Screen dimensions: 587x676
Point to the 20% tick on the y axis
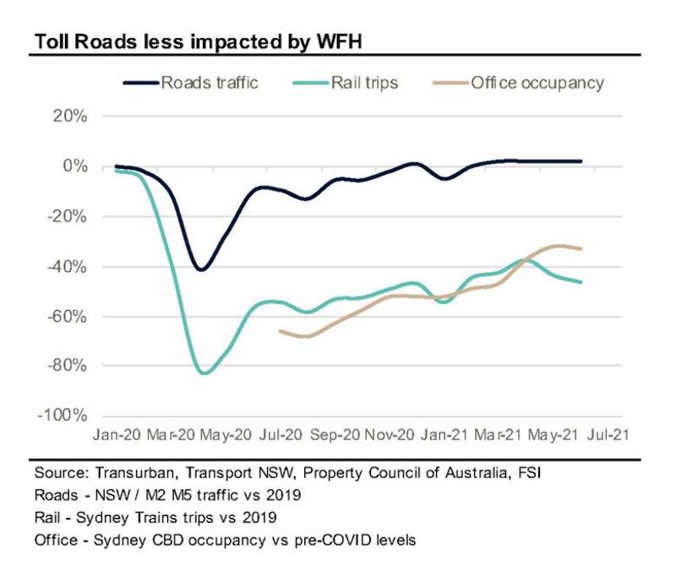tap(70, 117)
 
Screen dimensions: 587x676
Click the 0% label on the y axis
tap(74, 166)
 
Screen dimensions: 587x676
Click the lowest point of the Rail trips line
tap(203, 372)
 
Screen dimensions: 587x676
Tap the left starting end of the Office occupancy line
tap(280, 330)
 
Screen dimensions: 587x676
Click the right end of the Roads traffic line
tap(581, 160)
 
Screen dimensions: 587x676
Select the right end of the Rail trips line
tap(581, 282)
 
